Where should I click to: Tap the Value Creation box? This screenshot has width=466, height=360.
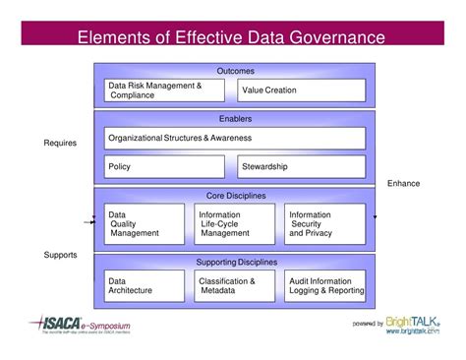click(301, 90)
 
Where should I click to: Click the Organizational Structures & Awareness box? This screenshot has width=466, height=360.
click(234, 138)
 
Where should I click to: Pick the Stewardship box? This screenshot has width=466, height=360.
click(301, 166)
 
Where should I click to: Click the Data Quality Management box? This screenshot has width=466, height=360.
click(145, 223)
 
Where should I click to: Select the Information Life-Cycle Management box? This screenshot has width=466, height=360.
click(234, 223)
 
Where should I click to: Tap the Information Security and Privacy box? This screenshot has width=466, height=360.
click(323, 223)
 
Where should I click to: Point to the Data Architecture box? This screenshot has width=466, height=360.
click(145, 286)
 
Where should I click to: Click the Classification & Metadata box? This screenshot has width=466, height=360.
click(234, 286)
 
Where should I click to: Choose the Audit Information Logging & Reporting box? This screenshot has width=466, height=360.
click(323, 286)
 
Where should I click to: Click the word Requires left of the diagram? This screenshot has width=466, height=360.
click(60, 144)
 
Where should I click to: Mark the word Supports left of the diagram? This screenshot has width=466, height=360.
click(60, 255)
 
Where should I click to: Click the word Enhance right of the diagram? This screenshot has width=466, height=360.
click(403, 183)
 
